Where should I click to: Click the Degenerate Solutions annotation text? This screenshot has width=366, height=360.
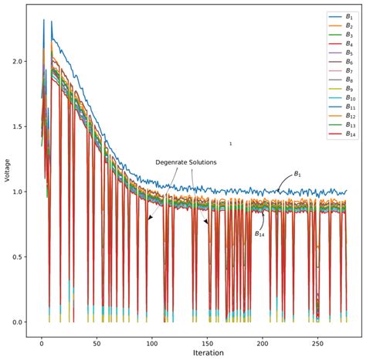pos(186,162)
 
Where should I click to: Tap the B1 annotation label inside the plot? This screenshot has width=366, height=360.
pos(297,174)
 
